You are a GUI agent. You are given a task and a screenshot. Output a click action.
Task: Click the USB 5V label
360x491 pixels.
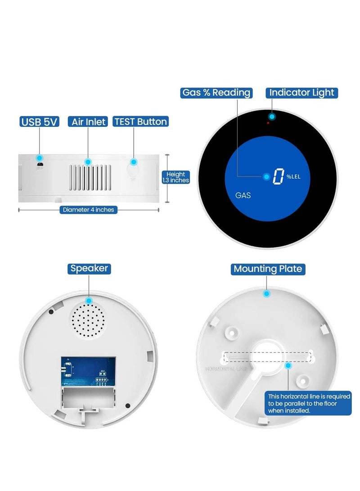[x=40, y=122]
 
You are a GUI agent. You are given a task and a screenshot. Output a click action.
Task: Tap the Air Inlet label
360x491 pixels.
[x=89, y=122]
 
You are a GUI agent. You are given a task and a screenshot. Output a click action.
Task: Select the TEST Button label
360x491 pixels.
[x=140, y=122]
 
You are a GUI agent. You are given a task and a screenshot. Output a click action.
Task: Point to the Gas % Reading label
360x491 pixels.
[x=216, y=93]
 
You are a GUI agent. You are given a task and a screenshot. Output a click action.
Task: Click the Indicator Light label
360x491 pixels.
[x=301, y=93]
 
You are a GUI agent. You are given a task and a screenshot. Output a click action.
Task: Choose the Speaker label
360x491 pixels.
[x=89, y=269]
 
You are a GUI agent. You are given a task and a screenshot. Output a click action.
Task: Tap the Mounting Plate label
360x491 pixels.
[x=268, y=269]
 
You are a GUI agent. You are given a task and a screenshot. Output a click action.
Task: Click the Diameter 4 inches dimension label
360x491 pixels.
[x=89, y=209]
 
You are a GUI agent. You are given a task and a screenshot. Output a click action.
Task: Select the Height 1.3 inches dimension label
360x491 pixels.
[x=175, y=177]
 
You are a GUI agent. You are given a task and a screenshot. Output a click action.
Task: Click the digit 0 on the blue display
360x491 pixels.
[x=279, y=176]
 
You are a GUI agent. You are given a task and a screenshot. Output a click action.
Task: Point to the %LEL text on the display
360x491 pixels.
[x=293, y=176]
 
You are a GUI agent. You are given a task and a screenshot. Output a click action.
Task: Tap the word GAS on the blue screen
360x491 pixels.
[x=243, y=196]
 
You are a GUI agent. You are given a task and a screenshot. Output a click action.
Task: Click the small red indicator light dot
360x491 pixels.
[x=268, y=122]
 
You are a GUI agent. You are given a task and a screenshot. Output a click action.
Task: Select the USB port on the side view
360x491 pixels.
[x=40, y=166]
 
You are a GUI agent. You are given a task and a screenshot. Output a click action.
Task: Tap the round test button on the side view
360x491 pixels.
[x=132, y=171]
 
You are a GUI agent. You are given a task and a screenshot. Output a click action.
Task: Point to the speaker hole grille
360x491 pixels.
[x=89, y=320]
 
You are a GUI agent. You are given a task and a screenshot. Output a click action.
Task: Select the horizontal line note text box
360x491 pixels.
[x=309, y=403]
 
